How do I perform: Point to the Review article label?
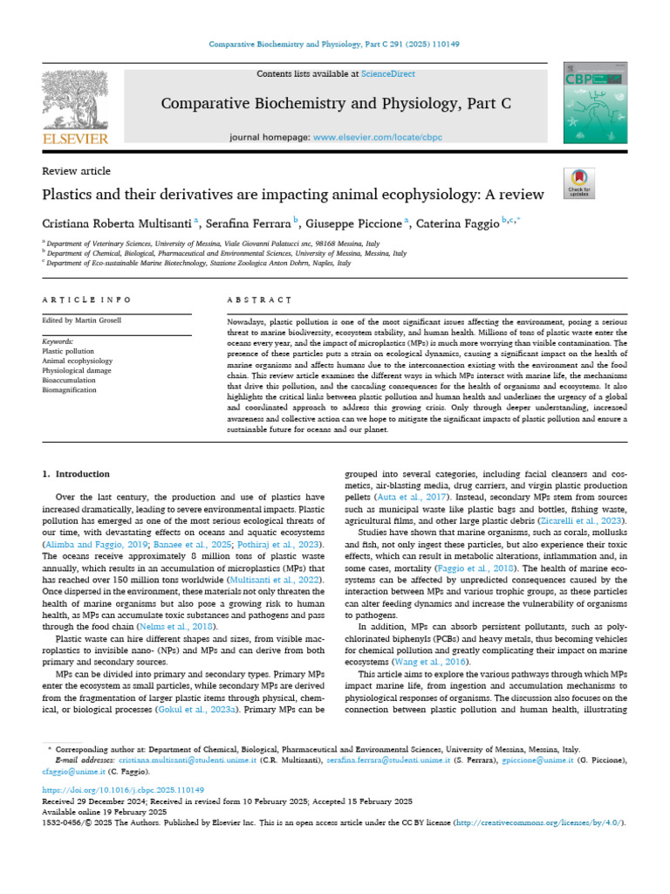(77, 171)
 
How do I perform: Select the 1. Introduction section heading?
(71, 474)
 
